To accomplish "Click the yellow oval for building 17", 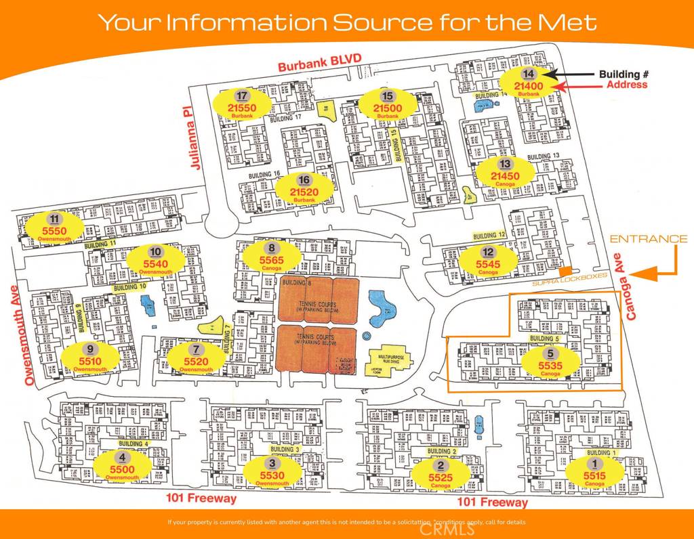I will point(242,104).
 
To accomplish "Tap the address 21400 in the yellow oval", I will point(529,85).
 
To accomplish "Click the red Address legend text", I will point(626,85).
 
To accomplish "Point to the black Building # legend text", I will point(619,74).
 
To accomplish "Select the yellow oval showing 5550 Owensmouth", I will point(54,226).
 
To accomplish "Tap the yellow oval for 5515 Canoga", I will point(594,472).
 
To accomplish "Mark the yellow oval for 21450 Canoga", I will point(504,172).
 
